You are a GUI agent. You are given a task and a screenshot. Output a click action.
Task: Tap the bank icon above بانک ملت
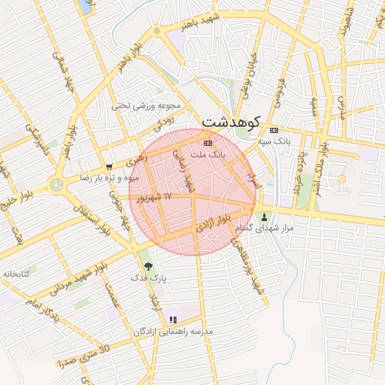(208, 143)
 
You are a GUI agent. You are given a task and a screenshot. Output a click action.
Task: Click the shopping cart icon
(109, 167)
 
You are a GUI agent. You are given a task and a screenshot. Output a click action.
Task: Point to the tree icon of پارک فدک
(147, 265)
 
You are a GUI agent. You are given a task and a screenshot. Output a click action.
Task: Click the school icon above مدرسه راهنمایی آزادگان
(174, 320)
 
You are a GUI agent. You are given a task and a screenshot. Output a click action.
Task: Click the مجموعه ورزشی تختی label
(142, 106)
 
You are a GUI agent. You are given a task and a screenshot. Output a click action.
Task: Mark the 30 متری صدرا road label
(83, 354)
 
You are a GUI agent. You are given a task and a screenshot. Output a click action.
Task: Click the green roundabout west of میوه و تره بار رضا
(56, 184)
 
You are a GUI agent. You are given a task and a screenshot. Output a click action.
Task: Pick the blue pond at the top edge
(83, 7)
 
